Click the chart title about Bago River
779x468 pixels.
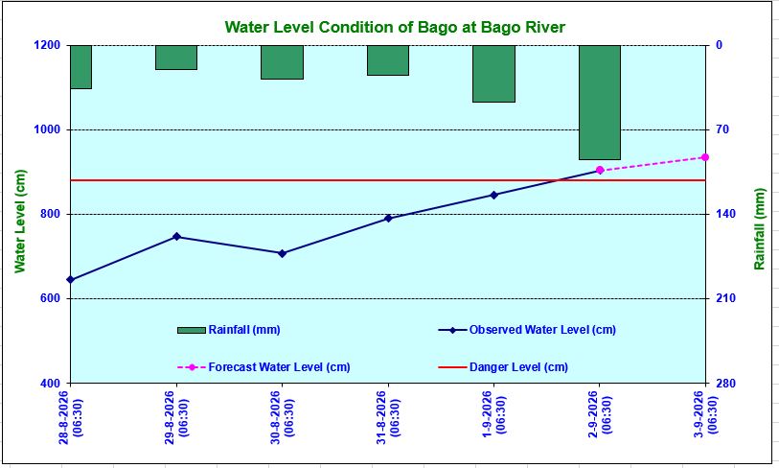pyautogui.click(x=395, y=27)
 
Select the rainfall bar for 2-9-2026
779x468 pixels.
pyautogui.click(x=600, y=102)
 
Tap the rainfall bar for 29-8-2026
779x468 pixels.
pyautogui.click(x=176, y=58)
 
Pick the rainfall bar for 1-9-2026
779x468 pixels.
pyautogui.click(x=493, y=74)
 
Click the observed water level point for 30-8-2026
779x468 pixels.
pyautogui.click(x=282, y=253)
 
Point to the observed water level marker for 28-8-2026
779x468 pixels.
pyautogui.click(x=70, y=279)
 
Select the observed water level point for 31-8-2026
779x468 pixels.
pyautogui.click(x=388, y=219)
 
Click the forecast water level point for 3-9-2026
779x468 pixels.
pyautogui.click(x=705, y=157)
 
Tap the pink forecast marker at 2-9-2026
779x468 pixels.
pyautogui.click(x=600, y=170)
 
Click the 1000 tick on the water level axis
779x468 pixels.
pyautogui.click(x=47, y=129)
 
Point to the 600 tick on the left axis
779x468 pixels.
pyautogui.click(x=50, y=298)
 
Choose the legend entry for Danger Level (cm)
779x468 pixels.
pyautogui.click(x=503, y=367)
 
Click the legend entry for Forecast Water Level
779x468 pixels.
pyautogui.click(x=263, y=367)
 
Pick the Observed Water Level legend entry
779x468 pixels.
pyautogui.click(x=527, y=330)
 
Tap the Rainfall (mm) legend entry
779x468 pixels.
pyautogui.click(x=229, y=330)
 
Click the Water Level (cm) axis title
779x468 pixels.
pyautogui.click(x=20, y=222)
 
